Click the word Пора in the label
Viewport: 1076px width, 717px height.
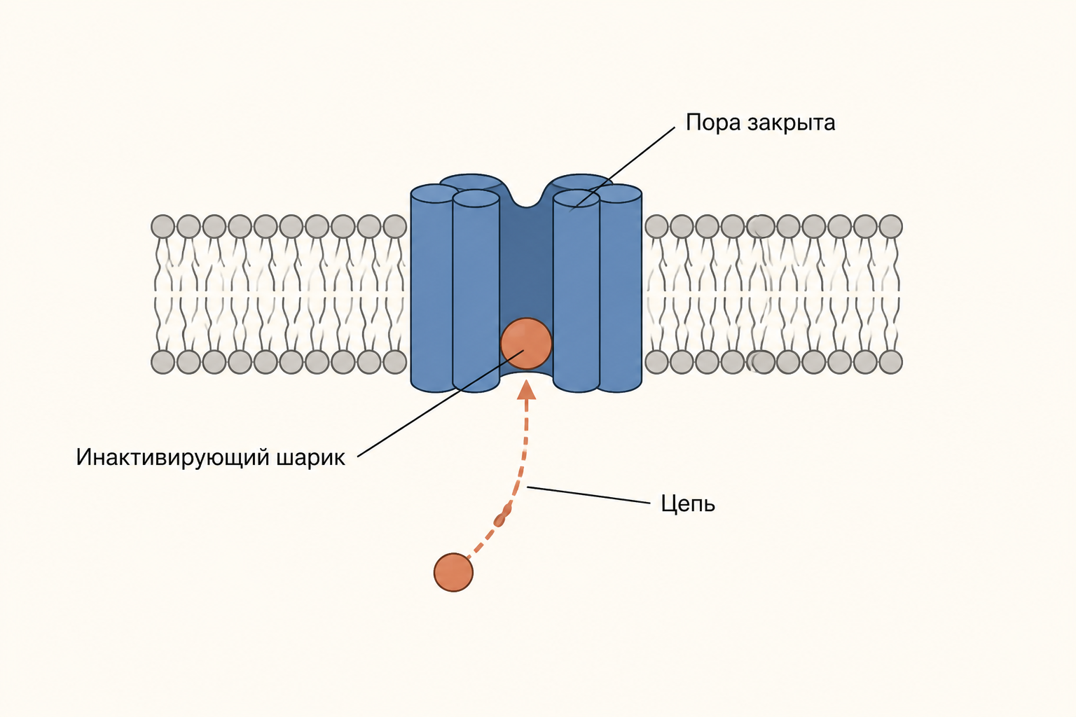pos(712,123)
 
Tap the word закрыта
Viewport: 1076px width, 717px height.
pos(792,123)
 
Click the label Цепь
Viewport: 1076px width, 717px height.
pos(688,504)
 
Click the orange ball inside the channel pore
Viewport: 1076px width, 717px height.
pos(526,343)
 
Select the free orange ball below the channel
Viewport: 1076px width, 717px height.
pos(453,572)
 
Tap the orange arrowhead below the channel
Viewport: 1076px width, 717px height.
pos(527,389)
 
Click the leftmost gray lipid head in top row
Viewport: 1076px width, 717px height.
pos(163,226)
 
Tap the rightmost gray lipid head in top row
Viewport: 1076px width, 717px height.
pos(890,226)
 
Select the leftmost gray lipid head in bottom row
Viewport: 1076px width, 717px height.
pos(163,361)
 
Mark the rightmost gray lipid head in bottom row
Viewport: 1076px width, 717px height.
pos(890,361)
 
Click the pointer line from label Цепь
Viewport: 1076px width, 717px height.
pos(589,495)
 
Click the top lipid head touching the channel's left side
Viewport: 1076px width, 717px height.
pos(395,226)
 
